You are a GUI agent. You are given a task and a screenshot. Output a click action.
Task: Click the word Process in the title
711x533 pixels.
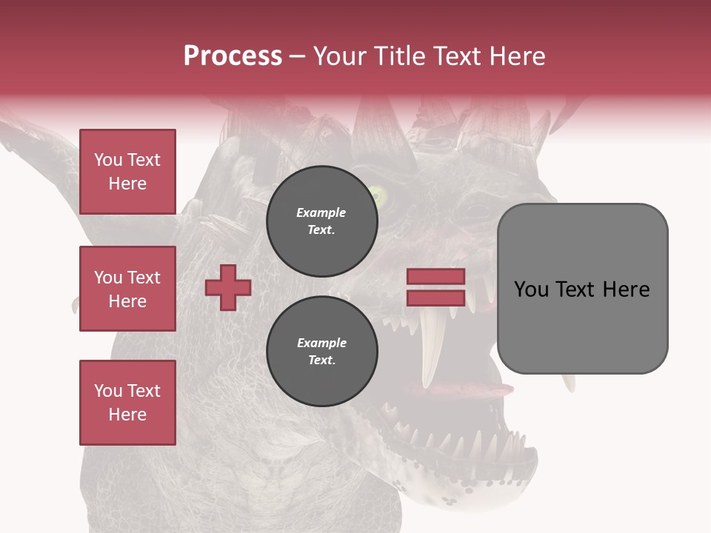(x=233, y=56)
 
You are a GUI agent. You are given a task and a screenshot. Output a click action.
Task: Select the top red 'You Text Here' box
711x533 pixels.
(x=127, y=172)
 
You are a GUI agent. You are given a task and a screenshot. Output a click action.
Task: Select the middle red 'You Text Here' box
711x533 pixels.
(x=127, y=289)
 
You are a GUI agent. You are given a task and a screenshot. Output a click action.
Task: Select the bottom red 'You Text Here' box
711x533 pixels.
(x=127, y=403)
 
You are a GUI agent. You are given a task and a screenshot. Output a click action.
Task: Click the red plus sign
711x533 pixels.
(x=228, y=287)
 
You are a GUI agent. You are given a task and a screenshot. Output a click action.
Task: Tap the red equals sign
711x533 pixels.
(x=435, y=287)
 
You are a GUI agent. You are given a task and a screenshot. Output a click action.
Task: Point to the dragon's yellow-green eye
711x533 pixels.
(x=379, y=196)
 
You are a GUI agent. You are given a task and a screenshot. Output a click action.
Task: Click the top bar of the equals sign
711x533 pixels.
(x=435, y=276)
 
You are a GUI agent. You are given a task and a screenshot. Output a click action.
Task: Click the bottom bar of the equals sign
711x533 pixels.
(x=435, y=298)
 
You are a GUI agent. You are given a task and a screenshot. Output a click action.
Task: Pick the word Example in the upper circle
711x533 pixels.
(x=321, y=212)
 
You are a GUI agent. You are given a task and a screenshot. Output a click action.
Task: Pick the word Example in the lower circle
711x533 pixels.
(x=321, y=343)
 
